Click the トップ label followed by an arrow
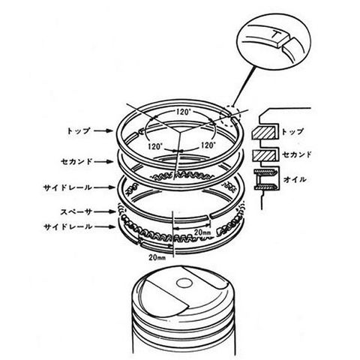pos(78,131)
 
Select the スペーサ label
pos(76,212)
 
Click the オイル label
pos(295,179)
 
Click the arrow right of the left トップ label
pos(103,130)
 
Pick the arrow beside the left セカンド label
pos(104,161)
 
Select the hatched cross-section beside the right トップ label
pos(265,132)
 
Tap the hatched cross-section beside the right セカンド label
pos(265,155)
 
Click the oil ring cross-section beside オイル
pos(265,179)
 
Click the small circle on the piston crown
pos(184,283)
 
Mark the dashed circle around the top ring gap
pos(229,115)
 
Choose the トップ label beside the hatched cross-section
pos(292,132)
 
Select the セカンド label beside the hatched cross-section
pos(297,154)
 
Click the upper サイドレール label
pos(68,187)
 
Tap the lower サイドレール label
pos(68,227)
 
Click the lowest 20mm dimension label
pos(157,257)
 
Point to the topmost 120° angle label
pos(182,112)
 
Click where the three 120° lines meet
pos(180,131)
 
